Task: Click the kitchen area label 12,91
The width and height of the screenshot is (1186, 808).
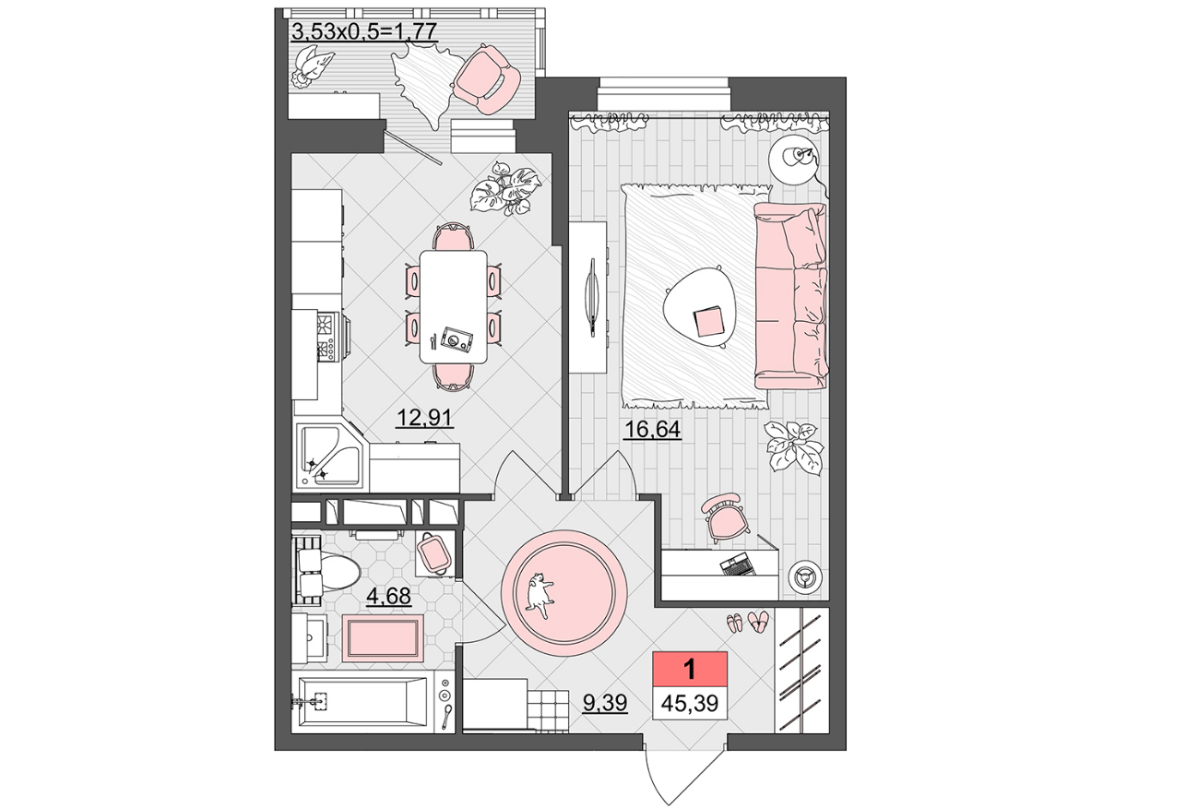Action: tap(424, 418)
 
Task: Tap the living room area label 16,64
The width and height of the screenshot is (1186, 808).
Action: tap(653, 430)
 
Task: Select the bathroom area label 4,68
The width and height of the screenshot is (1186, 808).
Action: tap(388, 596)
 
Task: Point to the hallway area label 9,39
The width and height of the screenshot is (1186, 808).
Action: tap(605, 703)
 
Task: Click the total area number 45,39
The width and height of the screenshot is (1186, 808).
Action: tap(690, 704)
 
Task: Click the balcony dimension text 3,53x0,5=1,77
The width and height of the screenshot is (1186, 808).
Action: tap(365, 31)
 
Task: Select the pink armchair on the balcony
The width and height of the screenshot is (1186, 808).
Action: tap(487, 79)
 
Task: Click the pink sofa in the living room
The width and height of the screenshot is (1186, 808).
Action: tap(790, 296)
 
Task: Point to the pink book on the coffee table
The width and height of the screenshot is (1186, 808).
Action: tap(707, 323)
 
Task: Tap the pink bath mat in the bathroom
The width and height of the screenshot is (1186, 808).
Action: tap(383, 637)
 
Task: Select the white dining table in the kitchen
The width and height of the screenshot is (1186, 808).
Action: tap(453, 307)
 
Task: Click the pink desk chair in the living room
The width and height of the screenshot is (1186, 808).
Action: tap(723, 517)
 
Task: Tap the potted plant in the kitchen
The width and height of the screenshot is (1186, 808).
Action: tap(505, 188)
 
